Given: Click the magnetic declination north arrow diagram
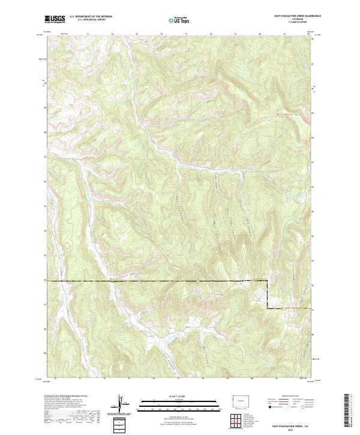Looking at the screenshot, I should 122,404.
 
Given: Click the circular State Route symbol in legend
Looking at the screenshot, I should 293,407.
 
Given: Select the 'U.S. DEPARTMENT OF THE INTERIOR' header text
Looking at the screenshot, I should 90,17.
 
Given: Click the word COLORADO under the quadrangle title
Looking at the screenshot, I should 294,20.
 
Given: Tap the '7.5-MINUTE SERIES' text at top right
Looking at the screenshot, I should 294,23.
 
